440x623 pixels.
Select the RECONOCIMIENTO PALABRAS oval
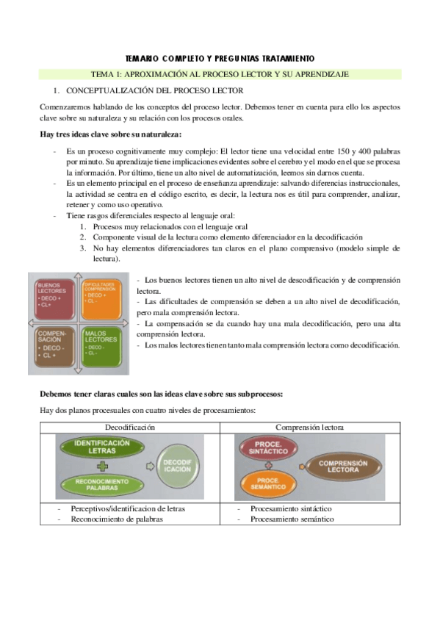pos(97,483)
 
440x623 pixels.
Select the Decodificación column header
pos(129,427)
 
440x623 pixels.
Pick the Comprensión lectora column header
pos(310,427)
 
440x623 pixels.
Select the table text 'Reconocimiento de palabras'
pos(116,519)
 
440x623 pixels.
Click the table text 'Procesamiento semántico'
pos(292,519)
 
